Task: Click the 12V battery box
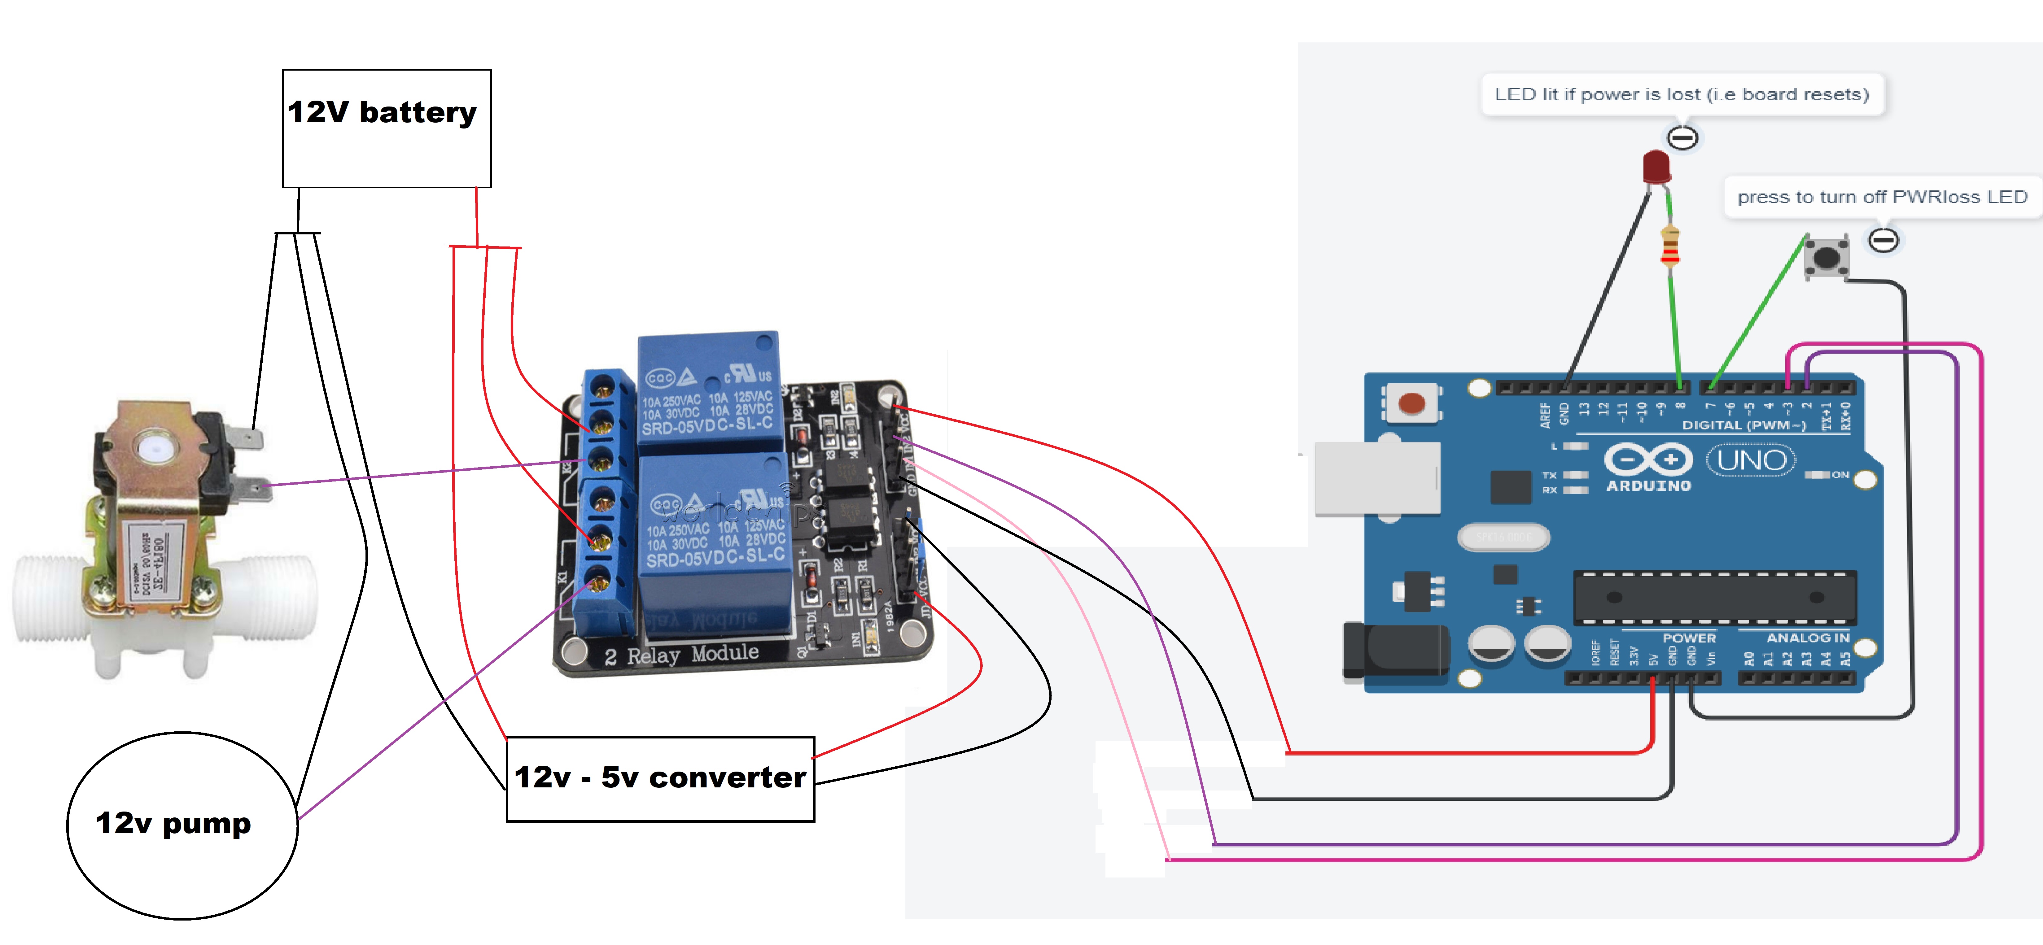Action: [x=386, y=128]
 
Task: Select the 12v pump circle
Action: [x=182, y=825]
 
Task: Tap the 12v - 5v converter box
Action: [x=660, y=778]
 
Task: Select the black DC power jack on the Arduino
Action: [x=1396, y=650]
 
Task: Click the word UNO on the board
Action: [x=1751, y=460]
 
